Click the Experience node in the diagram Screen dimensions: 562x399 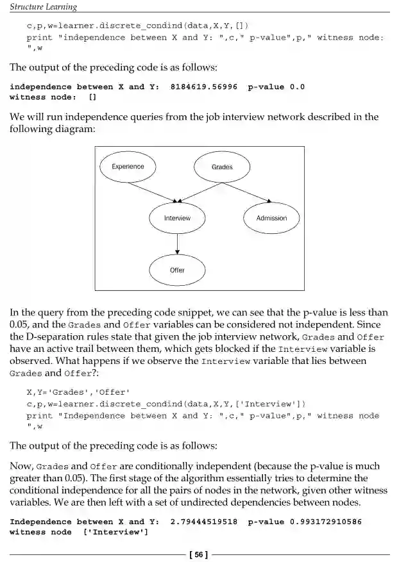click(x=128, y=167)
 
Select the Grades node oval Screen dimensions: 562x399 click(x=222, y=167)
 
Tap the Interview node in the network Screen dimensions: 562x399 click(x=177, y=219)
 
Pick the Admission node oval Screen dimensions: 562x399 click(x=271, y=219)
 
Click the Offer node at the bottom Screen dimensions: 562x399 click(x=177, y=270)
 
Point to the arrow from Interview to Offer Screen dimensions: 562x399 click(x=177, y=244)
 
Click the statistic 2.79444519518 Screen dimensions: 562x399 click(x=204, y=522)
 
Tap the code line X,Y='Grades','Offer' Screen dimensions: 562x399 click(x=78, y=392)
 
